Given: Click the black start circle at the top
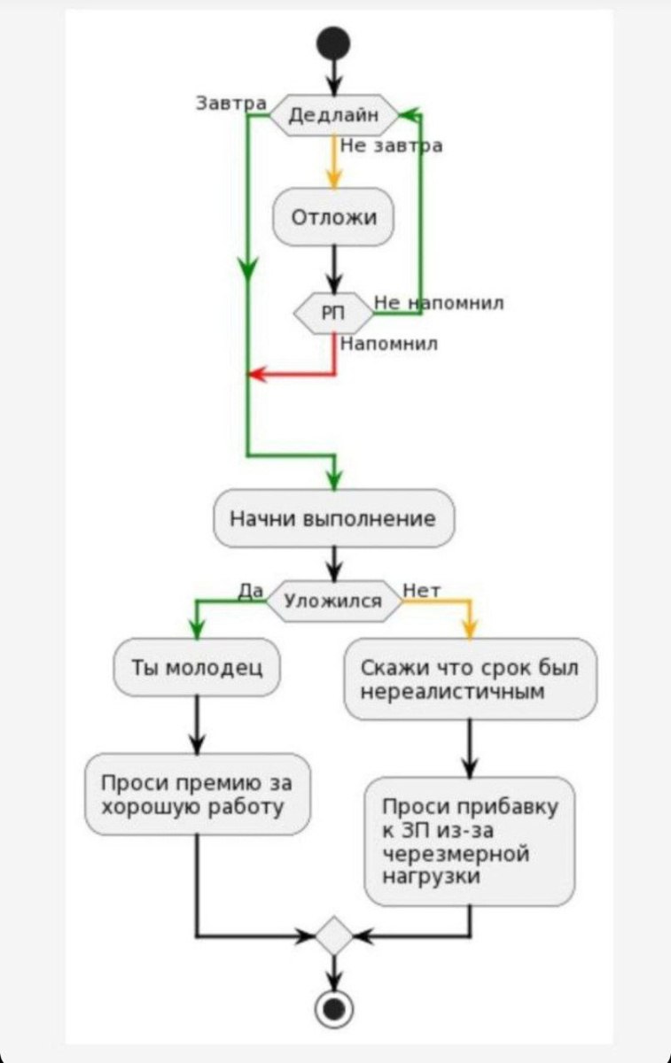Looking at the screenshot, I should click(x=334, y=43).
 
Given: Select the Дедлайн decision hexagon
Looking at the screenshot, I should click(x=333, y=115).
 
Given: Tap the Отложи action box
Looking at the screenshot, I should click(x=333, y=216).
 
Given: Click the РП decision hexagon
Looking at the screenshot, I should click(x=333, y=313).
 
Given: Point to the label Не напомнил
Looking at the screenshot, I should click(x=439, y=303).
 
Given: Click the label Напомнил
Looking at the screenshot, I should click(x=388, y=343).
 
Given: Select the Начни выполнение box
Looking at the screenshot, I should click(x=333, y=518).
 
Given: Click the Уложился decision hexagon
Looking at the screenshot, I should click(x=333, y=601).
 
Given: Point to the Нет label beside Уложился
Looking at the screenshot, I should click(x=422, y=589).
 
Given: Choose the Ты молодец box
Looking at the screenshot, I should click(x=197, y=667).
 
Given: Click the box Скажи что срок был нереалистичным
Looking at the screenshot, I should click(x=470, y=679).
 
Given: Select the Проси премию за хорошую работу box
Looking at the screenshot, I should click(x=197, y=795).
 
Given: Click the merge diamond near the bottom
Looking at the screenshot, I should click(x=334, y=935).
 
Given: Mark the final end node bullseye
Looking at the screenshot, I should click(x=334, y=1008).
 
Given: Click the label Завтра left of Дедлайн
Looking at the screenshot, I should click(x=230, y=103).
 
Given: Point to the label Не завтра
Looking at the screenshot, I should click(x=390, y=146).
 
